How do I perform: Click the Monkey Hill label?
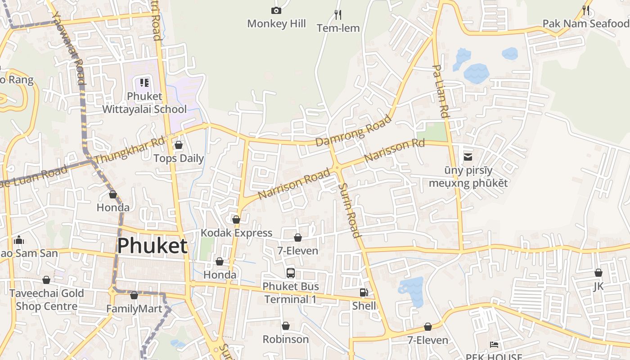276,24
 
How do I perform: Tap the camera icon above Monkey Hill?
276,10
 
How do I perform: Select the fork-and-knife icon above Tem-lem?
338,15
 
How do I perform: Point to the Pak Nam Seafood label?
585,23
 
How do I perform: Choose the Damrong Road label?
354,130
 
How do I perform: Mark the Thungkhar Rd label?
130,150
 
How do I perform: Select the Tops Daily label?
179,158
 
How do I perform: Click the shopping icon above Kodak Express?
236,220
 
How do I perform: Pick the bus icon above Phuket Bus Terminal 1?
291,273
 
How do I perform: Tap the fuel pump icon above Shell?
364,292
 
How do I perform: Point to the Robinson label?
286,339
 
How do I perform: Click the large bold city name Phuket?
152,246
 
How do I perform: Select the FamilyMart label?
134,309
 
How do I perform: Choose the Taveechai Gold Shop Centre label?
46,300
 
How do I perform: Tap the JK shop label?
598,286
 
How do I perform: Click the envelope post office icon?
468,157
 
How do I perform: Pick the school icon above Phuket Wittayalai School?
144,82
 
